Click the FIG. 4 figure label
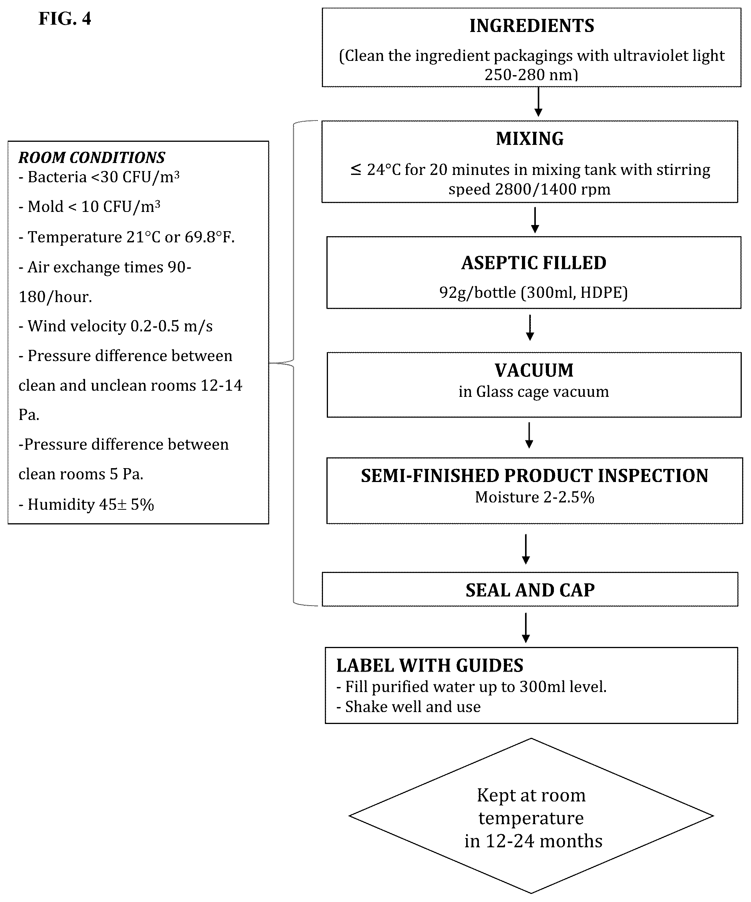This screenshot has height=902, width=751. click(x=65, y=18)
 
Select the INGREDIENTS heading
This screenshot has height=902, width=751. click(x=532, y=26)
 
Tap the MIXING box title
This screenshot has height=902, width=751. click(x=530, y=139)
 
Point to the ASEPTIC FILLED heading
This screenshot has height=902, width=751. click(x=534, y=263)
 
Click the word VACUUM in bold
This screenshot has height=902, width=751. click(x=534, y=370)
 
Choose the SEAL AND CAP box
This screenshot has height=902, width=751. click(x=530, y=589)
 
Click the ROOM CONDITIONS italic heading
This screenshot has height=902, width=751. click(x=91, y=158)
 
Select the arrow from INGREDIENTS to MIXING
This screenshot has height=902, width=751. click(x=538, y=102)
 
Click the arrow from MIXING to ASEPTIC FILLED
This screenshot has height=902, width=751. click(x=535, y=220)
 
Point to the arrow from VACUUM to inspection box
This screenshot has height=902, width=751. click(x=529, y=435)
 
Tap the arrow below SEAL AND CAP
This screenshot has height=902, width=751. click(x=526, y=628)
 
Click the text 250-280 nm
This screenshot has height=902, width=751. click(x=531, y=75)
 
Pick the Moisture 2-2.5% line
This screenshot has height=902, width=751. click(x=534, y=497)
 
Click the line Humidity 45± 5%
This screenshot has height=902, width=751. click(x=86, y=504)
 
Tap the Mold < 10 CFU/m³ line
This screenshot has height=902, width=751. click(x=89, y=207)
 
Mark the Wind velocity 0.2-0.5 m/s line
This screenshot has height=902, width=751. click(x=115, y=326)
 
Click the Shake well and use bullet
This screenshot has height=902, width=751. click(x=408, y=707)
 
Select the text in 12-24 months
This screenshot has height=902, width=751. click(x=534, y=841)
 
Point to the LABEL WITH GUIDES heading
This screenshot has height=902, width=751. click(x=430, y=665)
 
